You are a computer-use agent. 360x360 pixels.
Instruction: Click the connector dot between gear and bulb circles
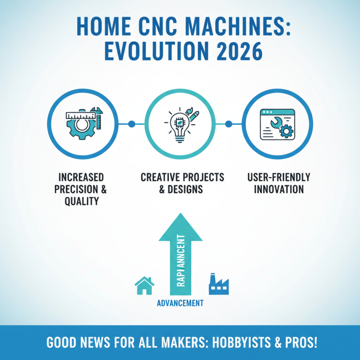(x=131, y=124)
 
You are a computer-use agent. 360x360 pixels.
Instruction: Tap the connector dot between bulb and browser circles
(x=228, y=124)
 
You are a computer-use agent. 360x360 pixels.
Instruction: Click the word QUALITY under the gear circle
(x=81, y=201)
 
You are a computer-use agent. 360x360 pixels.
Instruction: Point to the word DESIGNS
(x=186, y=189)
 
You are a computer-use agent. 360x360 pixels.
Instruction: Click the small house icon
(x=144, y=285)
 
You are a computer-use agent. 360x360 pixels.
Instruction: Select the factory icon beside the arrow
(x=218, y=283)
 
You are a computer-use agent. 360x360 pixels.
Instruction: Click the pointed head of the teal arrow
(x=180, y=225)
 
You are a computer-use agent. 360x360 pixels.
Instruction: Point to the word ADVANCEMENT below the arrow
(x=180, y=303)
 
